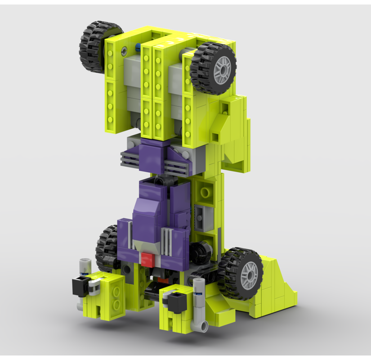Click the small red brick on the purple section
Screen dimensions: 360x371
click(146, 259)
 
